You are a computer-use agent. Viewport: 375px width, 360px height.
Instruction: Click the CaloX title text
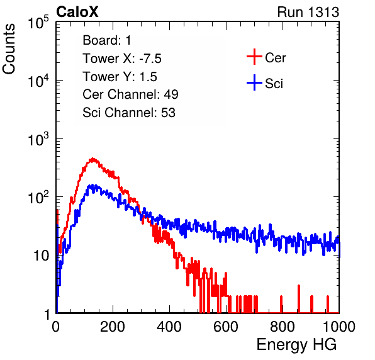tap(77, 12)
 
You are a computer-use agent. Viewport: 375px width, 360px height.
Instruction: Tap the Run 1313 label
tap(308, 12)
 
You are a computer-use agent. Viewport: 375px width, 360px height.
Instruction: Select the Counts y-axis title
tap(9, 49)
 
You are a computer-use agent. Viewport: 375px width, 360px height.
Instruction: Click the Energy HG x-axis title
tap(296, 345)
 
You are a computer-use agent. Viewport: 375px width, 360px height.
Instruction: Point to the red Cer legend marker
tap(254, 57)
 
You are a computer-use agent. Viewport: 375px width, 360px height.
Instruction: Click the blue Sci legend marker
tap(254, 82)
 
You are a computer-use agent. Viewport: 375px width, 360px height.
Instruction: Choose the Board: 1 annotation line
tap(107, 40)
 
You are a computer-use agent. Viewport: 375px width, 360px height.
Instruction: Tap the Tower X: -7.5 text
tap(122, 59)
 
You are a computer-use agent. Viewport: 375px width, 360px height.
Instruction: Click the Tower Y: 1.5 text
tap(120, 77)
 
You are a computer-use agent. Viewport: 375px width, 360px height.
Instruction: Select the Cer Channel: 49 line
tap(130, 94)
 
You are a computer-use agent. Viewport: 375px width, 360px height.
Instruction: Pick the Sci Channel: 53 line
tap(129, 113)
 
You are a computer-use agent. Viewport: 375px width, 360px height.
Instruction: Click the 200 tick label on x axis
tap(113, 327)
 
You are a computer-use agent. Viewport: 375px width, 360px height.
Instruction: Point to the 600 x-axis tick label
tap(226, 327)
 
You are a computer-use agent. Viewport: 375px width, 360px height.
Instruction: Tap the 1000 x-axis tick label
tap(339, 327)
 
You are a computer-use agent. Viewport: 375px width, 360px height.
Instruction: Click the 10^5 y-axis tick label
tap(38, 23)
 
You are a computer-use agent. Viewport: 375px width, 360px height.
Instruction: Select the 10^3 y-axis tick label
tap(38, 139)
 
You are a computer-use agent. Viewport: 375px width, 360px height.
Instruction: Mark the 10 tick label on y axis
tap(42, 256)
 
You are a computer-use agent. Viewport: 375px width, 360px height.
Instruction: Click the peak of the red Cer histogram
tap(92, 159)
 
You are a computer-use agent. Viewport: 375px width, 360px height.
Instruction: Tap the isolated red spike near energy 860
tap(299, 298)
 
